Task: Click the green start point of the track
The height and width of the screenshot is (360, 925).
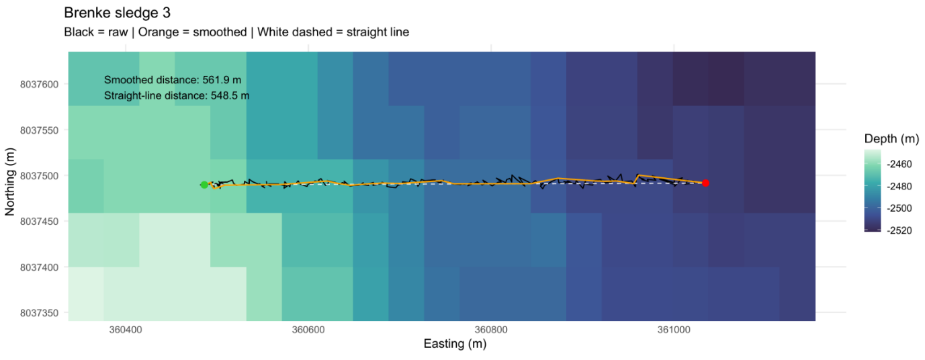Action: pyautogui.click(x=204, y=185)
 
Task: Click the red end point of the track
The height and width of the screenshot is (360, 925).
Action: pyautogui.click(x=706, y=183)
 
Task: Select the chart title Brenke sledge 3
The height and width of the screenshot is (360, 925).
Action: pyautogui.click(x=118, y=13)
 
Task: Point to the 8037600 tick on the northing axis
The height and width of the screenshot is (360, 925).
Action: pyautogui.click(x=39, y=85)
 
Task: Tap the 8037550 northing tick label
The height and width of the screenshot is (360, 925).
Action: pyautogui.click(x=39, y=130)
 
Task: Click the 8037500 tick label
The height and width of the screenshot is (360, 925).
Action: pyautogui.click(x=39, y=176)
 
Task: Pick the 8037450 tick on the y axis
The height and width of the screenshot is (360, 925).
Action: pyautogui.click(x=39, y=222)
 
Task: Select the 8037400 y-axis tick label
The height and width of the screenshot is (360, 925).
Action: pyautogui.click(x=39, y=267)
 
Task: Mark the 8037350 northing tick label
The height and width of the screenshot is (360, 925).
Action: pyautogui.click(x=39, y=314)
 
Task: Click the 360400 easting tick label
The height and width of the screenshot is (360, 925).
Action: pyautogui.click(x=126, y=330)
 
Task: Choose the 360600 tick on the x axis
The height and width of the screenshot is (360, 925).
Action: pyautogui.click(x=308, y=330)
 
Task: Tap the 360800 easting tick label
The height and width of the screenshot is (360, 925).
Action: pyautogui.click(x=491, y=330)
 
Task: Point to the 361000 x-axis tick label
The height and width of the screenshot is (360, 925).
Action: pyautogui.click(x=674, y=330)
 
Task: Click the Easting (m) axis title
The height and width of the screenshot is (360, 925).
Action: pyautogui.click(x=455, y=344)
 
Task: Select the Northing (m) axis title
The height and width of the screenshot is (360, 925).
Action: pyautogui.click(x=10, y=181)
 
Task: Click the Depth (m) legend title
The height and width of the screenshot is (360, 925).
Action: pyautogui.click(x=891, y=139)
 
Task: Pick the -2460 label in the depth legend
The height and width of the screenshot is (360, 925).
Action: pyautogui.click(x=899, y=165)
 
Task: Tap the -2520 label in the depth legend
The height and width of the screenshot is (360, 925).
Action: pyautogui.click(x=899, y=230)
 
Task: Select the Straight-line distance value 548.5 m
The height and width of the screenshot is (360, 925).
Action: pyautogui.click(x=230, y=96)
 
